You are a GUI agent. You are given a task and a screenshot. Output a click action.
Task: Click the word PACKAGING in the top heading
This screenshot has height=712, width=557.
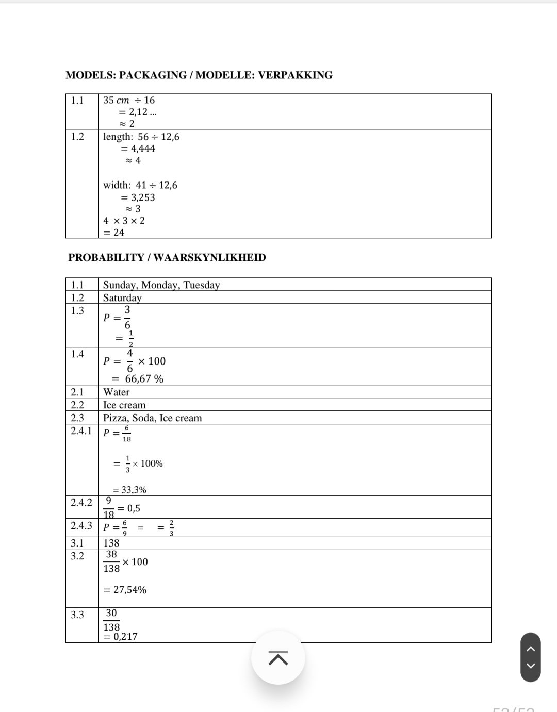click(x=153, y=75)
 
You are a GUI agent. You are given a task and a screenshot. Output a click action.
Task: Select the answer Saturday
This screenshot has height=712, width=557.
click(x=122, y=298)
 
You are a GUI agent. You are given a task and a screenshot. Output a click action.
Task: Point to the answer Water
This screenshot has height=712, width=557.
click(x=116, y=392)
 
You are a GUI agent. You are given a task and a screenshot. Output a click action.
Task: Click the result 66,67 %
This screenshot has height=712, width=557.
click(x=144, y=379)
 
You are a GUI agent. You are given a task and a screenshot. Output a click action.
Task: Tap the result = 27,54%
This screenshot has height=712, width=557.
click(x=125, y=590)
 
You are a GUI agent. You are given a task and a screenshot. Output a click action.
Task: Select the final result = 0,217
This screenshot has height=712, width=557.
click(x=121, y=637)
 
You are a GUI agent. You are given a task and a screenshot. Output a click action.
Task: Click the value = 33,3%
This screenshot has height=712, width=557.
click(x=129, y=490)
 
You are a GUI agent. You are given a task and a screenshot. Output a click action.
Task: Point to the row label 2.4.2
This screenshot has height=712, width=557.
click(x=81, y=502)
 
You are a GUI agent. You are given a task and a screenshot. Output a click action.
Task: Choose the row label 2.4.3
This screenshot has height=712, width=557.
click(x=81, y=526)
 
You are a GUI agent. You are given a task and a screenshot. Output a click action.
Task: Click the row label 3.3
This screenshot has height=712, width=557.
click(x=77, y=615)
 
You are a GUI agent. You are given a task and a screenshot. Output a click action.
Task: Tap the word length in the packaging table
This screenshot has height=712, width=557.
click(x=117, y=137)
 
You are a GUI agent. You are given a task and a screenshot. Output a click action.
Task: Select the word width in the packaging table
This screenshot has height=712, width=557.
click(x=116, y=185)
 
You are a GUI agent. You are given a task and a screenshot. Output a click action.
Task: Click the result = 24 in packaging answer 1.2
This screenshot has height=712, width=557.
click(x=114, y=233)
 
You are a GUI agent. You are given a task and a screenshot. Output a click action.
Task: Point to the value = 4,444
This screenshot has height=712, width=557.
click(x=138, y=149)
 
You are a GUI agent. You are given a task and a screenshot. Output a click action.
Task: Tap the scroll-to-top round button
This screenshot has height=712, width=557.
click(x=278, y=658)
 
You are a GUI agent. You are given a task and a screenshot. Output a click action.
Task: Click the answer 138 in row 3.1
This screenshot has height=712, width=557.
click(x=111, y=543)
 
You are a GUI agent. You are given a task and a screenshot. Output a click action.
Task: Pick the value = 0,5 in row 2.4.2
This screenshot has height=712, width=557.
click(x=129, y=508)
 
